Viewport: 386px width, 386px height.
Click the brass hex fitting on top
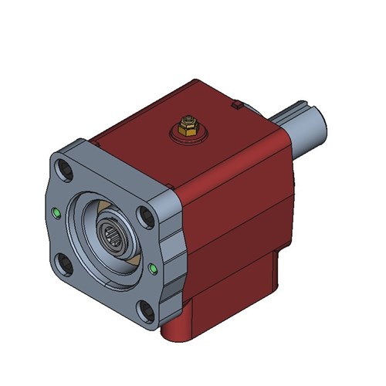click(185, 124)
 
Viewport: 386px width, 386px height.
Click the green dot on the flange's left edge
click(56, 213)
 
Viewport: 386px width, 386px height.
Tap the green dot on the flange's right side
click(154, 269)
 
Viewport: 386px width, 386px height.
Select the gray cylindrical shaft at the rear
click(305, 127)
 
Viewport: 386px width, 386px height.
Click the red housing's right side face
click(239, 224)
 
